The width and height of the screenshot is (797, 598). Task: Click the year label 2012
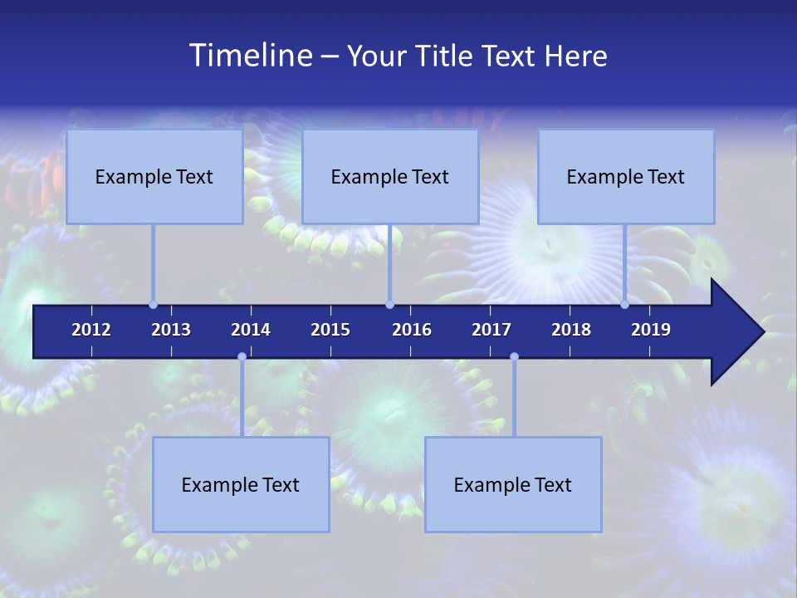click(91, 330)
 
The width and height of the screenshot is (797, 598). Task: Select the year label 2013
click(171, 330)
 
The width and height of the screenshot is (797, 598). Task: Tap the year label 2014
click(251, 330)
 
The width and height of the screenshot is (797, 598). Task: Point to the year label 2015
click(330, 330)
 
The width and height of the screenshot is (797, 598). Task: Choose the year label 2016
click(412, 330)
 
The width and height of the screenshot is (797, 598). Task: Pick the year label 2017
click(491, 330)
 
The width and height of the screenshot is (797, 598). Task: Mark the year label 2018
click(571, 330)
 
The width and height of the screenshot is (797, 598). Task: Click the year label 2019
click(651, 330)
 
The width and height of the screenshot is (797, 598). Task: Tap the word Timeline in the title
click(250, 56)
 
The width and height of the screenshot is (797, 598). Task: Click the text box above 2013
click(154, 176)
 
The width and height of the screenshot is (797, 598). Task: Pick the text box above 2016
click(390, 176)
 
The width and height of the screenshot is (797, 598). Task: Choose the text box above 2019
click(626, 176)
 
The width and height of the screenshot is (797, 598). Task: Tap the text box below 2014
click(241, 484)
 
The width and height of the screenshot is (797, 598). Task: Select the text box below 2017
click(513, 484)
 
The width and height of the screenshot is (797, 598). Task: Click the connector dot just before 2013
click(153, 305)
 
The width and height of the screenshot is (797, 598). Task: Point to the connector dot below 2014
click(242, 357)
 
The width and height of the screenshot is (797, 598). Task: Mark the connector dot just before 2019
click(624, 305)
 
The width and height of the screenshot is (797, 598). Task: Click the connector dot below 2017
click(514, 357)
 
